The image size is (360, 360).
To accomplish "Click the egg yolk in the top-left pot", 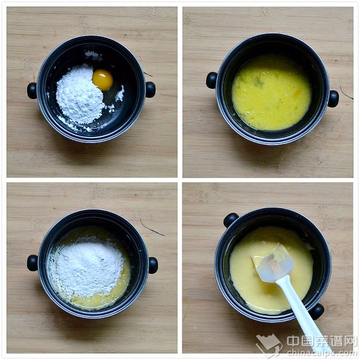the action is tap(103, 80).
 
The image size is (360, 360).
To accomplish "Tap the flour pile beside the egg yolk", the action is tap(79, 95).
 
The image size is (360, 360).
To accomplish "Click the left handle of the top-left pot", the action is tap(32, 91).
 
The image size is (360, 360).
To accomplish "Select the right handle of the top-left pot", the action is tap(150, 89).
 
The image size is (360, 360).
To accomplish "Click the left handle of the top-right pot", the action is tap(212, 80).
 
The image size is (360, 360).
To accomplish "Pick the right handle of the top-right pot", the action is tap(333, 99).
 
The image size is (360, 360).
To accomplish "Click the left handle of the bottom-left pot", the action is tap(32, 263).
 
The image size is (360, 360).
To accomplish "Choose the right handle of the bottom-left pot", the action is tap(153, 265).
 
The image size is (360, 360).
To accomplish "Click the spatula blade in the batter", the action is tap(273, 263).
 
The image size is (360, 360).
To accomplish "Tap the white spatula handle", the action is tap(303, 315).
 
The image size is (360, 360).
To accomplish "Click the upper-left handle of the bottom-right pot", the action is tap(231, 220).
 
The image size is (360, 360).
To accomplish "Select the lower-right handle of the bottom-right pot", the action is tap(317, 311).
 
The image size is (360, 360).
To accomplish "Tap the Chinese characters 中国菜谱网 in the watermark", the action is tap(322, 341).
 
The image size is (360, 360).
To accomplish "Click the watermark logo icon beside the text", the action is tap(269, 345).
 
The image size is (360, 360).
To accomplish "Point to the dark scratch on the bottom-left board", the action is tap(152, 227).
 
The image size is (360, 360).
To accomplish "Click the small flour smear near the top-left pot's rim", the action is tap(93, 55).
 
